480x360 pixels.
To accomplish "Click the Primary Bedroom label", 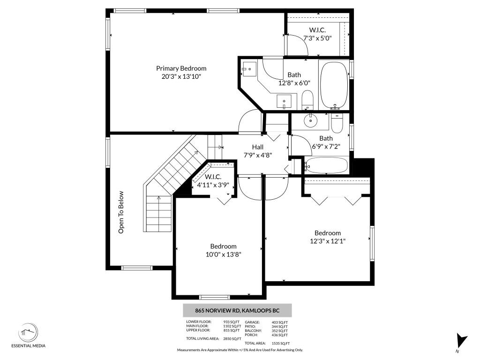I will point(181,68).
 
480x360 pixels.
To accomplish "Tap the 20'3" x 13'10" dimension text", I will point(181,76).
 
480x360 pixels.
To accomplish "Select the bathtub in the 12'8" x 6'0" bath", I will point(333,84).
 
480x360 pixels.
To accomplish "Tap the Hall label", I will point(258,147).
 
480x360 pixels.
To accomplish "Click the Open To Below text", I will point(121,212).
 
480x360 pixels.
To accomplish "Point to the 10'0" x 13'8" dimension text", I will point(223,254).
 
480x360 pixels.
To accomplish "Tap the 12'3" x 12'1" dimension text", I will point(328,241).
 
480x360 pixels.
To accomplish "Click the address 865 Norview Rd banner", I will point(237,310).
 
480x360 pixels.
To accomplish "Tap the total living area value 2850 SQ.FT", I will point(232,338).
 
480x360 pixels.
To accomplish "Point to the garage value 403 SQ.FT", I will point(280,322).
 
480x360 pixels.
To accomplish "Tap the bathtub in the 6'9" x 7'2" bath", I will point(326,165).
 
